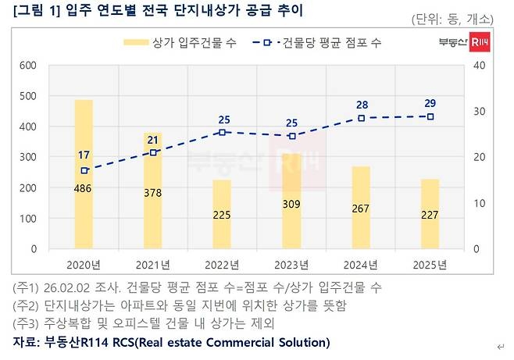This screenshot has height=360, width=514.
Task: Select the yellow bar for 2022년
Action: [222, 214]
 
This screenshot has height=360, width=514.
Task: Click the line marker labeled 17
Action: [84, 170]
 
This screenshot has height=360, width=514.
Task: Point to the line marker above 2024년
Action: [361, 118]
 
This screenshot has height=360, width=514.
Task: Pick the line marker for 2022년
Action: [223, 132]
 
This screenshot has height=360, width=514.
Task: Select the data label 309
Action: [291, 205]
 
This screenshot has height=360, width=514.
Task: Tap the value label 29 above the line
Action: [430, 103]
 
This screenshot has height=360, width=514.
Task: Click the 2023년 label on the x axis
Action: [291, 264]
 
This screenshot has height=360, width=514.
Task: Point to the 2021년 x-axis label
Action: [153, 264]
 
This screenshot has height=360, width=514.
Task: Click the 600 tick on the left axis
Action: [27, 66]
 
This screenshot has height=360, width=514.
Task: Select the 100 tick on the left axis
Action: [27, 219]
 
